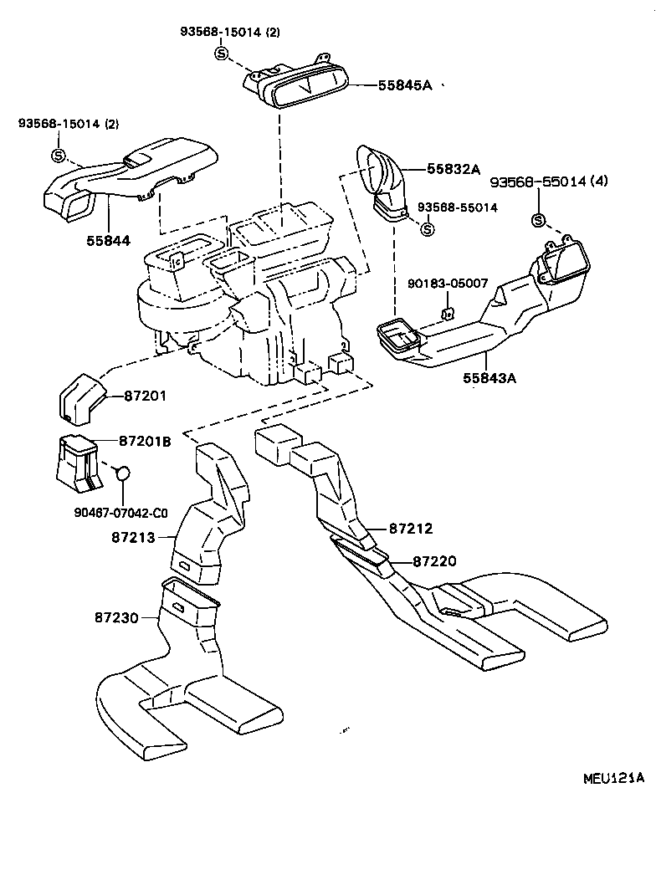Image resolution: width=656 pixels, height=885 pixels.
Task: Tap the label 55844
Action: (109, 241)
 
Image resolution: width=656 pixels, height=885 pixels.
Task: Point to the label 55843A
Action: (489, 377)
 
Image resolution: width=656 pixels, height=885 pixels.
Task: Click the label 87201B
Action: (145, 441)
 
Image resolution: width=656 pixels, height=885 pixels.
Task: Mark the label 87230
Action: (116, 616)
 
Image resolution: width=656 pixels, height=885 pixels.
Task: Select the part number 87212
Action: (411, 529)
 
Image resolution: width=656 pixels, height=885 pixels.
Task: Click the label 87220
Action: (435, 561)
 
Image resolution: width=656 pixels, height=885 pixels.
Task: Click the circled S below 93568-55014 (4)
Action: (537, 221)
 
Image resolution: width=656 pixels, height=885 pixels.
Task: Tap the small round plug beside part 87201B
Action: (123, 473)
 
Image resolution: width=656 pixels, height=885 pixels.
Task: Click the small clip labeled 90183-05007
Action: (447, 315)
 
